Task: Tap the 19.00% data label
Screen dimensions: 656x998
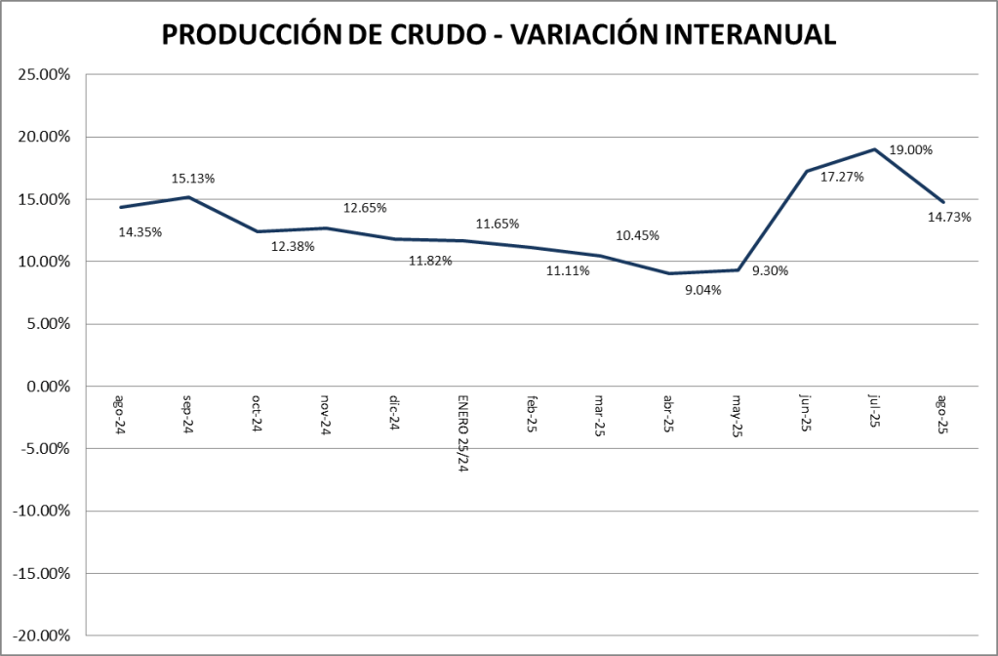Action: click(910, 150)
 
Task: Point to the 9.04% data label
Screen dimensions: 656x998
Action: click(702, 289)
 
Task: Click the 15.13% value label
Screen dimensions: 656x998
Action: click(193, 179)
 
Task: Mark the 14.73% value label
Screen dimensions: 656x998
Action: click(949, 217)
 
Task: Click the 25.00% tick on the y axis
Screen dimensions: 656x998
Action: click(43, 74)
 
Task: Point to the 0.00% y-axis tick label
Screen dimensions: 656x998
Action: click(47, 387)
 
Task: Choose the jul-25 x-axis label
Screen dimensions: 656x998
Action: click(875, 411)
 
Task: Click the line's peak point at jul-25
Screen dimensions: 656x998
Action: click(875, 149)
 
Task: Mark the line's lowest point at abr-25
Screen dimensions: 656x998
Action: click(669, 273)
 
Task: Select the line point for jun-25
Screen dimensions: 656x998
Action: click(806, 171)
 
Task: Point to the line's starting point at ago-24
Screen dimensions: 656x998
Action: click(120, 207)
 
